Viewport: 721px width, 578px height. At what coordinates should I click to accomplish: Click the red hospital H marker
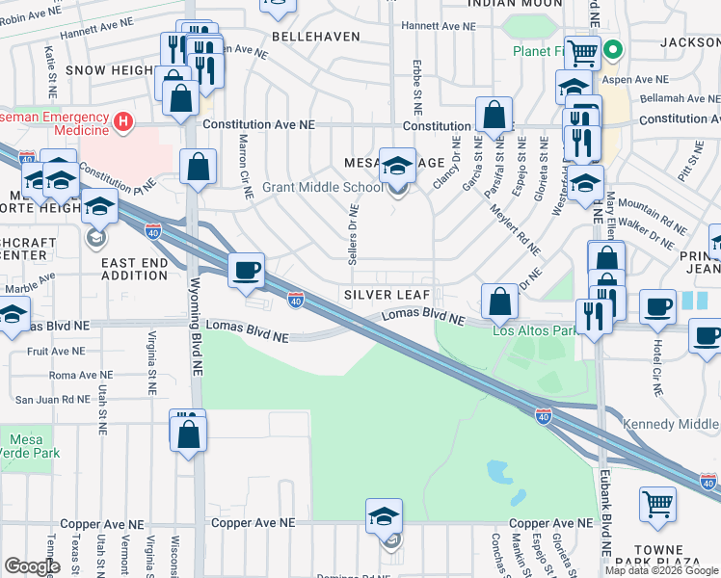click(122, 122)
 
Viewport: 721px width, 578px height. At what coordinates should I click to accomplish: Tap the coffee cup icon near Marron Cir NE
click(247, 270)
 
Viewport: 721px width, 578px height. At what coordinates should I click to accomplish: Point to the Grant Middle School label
click(316, 187)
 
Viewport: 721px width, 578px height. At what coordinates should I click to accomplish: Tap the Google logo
click(32, 566)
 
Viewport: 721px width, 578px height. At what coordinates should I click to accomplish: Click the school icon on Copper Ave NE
click(384, 516)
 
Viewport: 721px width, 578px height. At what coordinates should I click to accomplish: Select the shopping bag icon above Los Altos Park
click(499, 302)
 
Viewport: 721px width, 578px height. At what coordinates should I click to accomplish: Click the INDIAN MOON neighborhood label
click(514, 4)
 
